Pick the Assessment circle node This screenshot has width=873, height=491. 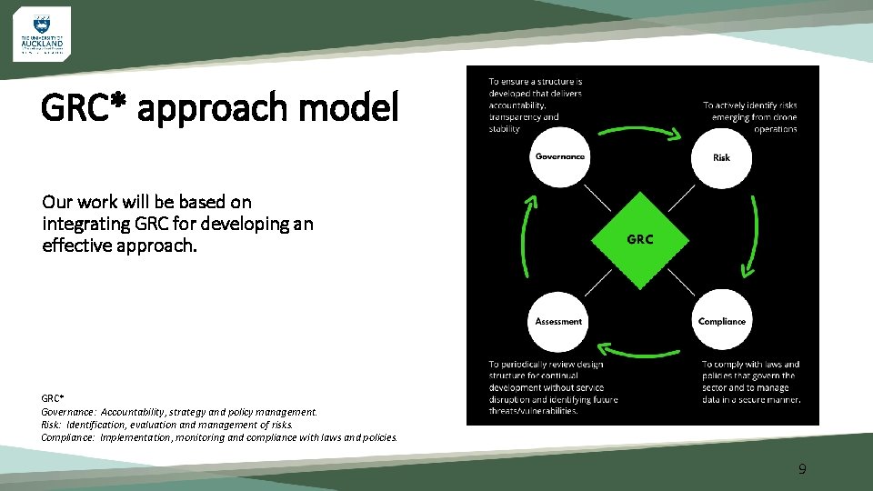pos(559,321)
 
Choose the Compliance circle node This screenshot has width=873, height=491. pos(722,321)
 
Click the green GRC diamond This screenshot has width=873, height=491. pos(640,239)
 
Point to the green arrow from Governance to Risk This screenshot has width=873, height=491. pos(641,129)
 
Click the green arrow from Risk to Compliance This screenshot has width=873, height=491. pos(752,238)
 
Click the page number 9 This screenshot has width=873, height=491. pos(802,469)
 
